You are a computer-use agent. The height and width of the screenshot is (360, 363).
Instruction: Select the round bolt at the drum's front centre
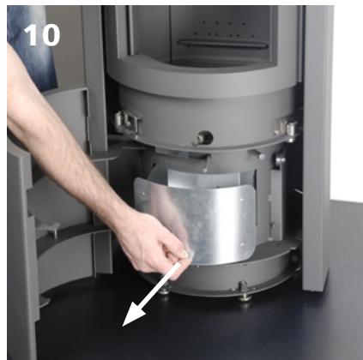pos(205,136)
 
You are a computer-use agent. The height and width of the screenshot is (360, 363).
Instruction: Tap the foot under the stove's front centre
pos(245,295)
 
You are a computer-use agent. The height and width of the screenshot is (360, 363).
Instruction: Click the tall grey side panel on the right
pos(316,146)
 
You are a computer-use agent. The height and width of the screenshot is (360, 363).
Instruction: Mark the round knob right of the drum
pos(281,159)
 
